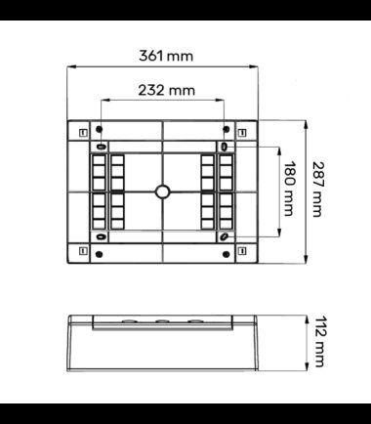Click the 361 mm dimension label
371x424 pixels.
click(166, 56)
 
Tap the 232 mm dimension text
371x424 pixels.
click(167, 90)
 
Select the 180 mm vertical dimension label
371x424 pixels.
click(289, 189)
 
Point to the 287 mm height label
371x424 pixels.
click(317, 190)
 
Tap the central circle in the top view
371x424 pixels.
click(162, 191)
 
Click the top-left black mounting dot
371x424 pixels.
click(100, 129)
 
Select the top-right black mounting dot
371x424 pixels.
click(227, 129)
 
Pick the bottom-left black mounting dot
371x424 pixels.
click(100, 254)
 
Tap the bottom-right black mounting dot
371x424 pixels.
click(227, 254)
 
